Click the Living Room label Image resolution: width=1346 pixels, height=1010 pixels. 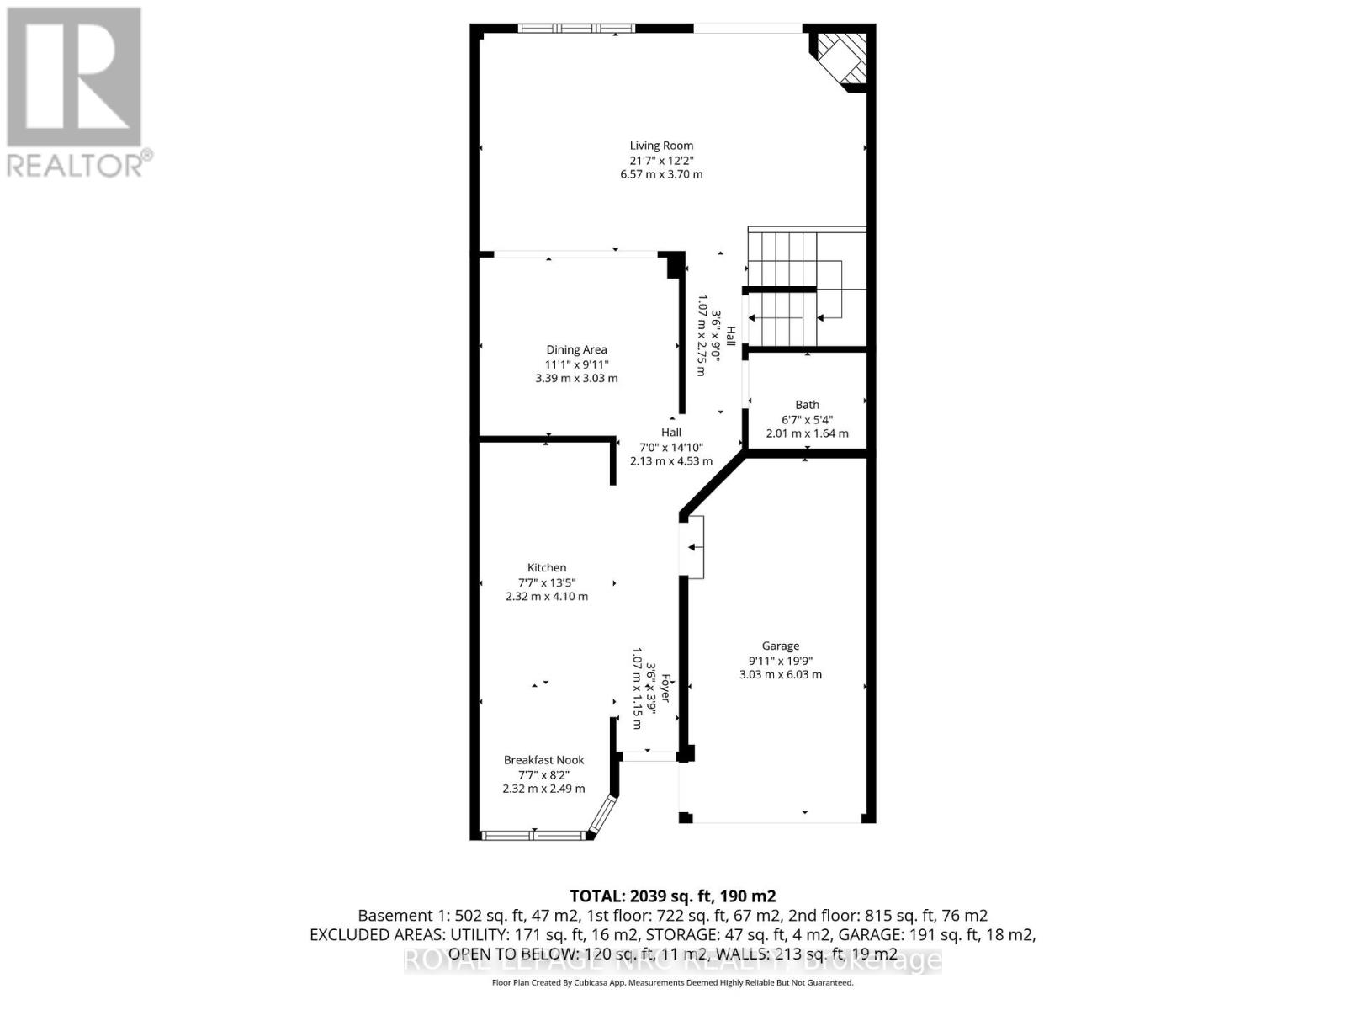661,146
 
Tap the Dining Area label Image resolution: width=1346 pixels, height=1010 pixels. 576,349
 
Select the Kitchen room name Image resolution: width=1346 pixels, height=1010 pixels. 547,567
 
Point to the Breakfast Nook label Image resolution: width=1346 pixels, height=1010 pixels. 543,759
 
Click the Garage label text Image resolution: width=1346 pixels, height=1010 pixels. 781,646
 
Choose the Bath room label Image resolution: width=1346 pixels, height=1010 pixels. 807,405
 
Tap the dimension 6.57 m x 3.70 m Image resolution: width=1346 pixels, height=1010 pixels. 661,174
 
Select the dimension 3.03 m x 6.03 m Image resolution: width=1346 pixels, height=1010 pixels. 781,674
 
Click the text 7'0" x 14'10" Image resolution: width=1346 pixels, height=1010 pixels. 671,447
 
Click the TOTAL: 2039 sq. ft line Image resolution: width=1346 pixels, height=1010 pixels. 672,896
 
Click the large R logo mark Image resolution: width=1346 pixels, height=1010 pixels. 74,77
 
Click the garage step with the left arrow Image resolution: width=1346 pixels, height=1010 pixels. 693,547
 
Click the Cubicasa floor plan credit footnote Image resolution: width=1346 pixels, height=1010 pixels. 672,982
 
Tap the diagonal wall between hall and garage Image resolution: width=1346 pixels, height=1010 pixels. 713,484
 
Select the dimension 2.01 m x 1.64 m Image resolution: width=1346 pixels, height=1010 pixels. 807,433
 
